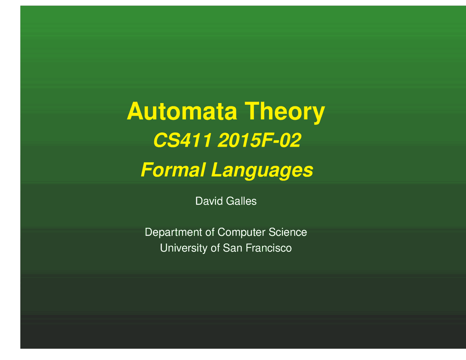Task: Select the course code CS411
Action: pos(182,141)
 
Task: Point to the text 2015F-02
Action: pos(259,141)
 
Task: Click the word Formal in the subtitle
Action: pos(173,170)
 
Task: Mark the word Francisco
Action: pos(269,248)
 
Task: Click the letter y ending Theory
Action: pos(319,113)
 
